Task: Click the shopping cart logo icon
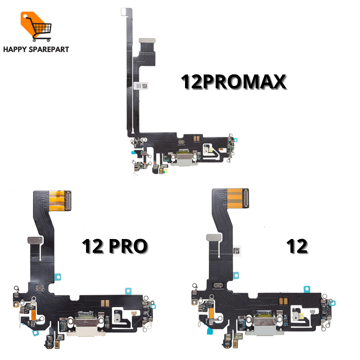(x=36, y=26)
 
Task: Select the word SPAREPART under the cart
(x=49, y=49)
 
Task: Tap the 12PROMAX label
(x=233, y=82)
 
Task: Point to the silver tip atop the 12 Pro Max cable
(x=123, y=11)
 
